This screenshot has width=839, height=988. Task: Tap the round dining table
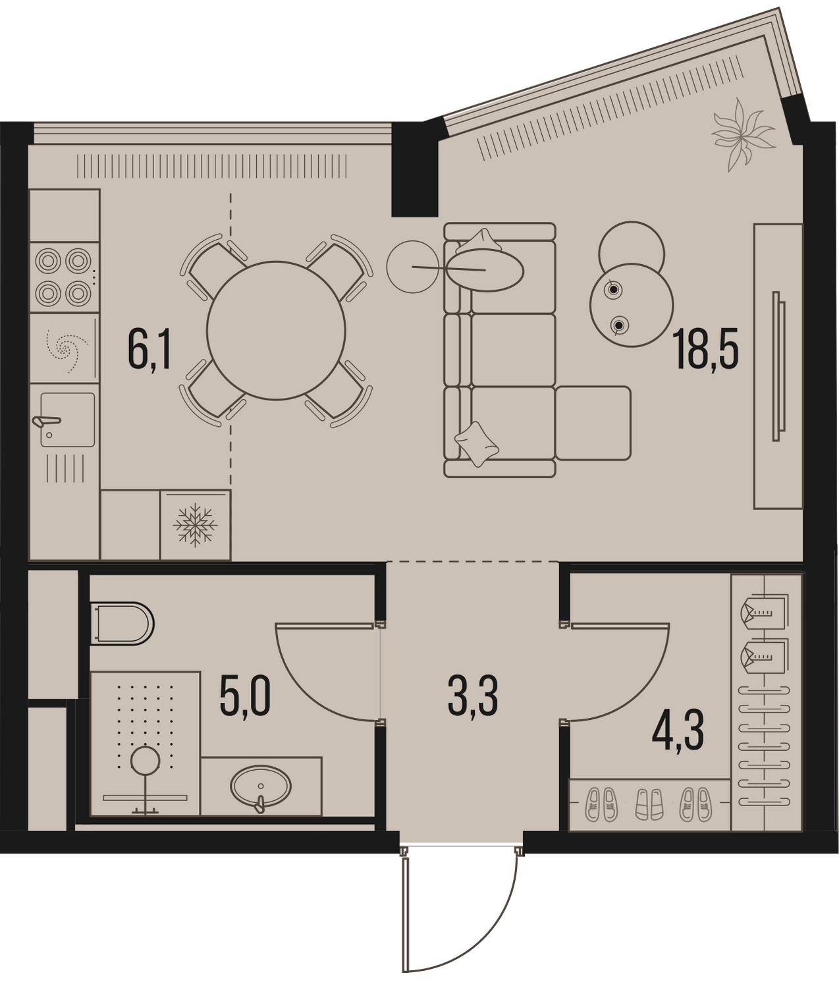276,330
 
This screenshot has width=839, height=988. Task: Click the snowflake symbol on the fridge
195,526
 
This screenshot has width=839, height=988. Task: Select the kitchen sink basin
67,419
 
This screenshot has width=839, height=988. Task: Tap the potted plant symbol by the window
742,135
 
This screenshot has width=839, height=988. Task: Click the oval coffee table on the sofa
485,270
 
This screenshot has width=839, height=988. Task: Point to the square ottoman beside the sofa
593,423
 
